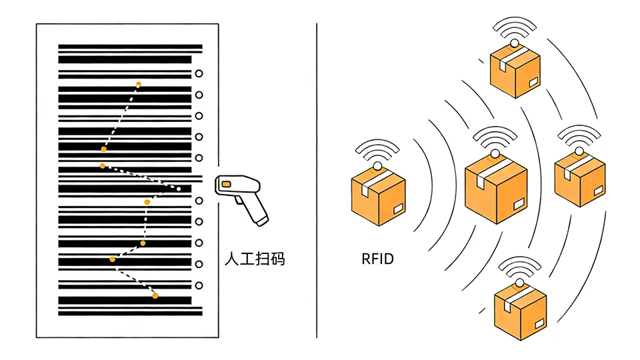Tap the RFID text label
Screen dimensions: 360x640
tap(377, 259)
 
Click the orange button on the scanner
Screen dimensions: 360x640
tap(227, 183)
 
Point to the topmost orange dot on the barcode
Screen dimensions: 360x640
tap(139, 84)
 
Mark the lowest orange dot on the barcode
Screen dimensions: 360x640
tap(155, 295)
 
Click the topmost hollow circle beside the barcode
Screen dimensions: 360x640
tap(198, 74)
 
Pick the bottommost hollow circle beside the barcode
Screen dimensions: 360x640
tap(198, 285)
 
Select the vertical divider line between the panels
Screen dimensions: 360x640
tap(317, 180)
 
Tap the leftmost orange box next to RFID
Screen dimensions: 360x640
tap(378, 197)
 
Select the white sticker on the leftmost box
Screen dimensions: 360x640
tap(397, 209)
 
